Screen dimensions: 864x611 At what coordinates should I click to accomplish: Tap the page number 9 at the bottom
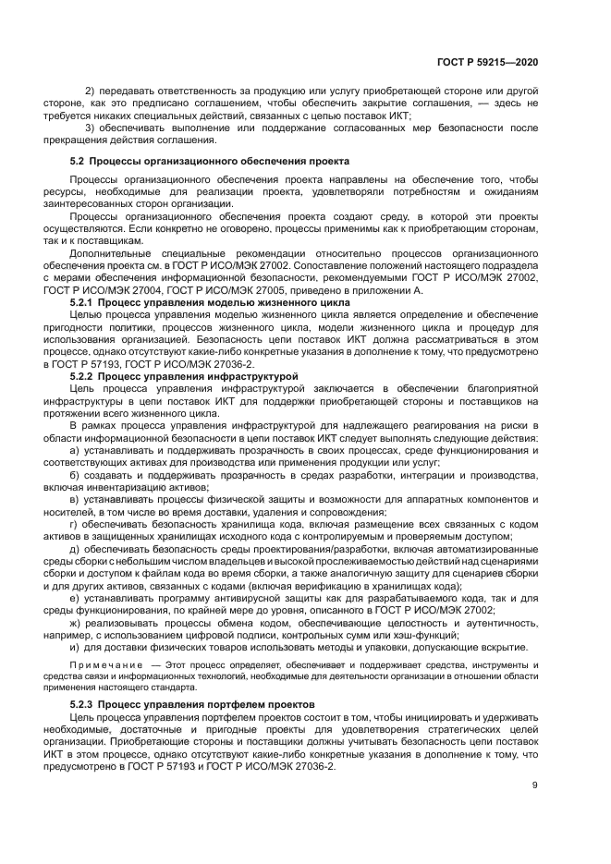pyautogui.click(x=534, y=786)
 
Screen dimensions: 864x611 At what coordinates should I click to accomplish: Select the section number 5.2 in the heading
pyautogui.click(x=79, y=160)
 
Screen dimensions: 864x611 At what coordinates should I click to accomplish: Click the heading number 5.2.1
pyautogui.click(x=83, y=302)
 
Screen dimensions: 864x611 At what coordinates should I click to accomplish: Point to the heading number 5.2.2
pyautogui.click(x=83, y=377)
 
